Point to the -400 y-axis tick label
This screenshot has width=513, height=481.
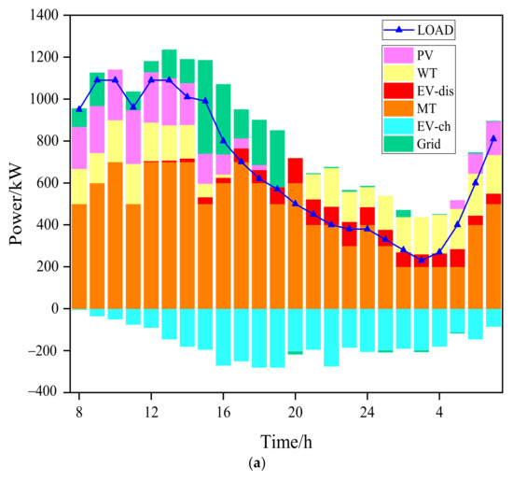[44, 392]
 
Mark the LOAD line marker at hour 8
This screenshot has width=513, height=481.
[79, 109]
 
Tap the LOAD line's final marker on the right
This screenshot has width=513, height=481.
[493, 138]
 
